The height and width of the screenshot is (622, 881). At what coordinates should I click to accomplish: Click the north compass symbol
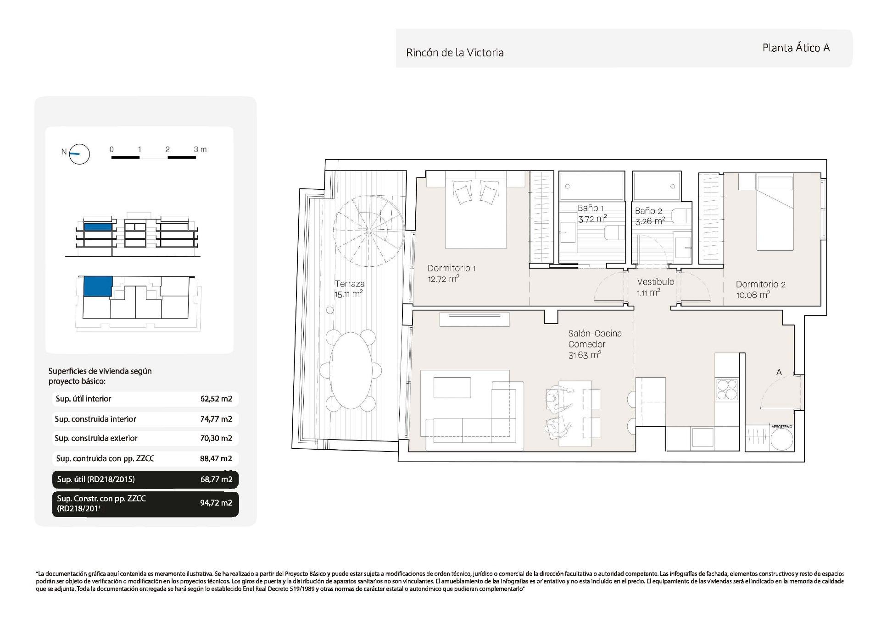click(x=79, y=154)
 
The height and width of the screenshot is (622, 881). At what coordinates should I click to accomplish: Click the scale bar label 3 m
click(x=200, y=149)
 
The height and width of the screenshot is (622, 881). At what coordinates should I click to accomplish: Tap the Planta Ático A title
click(x=796, y=48)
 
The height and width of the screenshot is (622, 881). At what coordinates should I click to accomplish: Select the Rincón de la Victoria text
click(x=454, y=53)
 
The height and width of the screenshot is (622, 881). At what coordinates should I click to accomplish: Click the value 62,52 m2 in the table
click(x=216, y=399)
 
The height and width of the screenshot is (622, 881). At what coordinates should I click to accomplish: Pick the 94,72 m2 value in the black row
click(x=216, y=503)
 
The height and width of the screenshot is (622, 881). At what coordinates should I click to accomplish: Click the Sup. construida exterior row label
click(x=96, y=438)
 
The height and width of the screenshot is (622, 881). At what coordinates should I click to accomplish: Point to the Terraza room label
click(x=349, y=284)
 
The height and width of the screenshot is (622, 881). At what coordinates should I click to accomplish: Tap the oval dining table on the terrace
click(x=351, y=370)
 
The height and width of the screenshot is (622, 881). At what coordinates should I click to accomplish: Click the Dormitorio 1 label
click(x=451, y=268)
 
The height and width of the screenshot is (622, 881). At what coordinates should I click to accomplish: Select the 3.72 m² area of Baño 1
click(x=592, y=219)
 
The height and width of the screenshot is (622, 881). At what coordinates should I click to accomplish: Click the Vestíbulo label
click(x=655, y=282)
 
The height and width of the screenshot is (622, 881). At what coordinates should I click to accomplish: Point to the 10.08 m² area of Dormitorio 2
click(x=753, y=295)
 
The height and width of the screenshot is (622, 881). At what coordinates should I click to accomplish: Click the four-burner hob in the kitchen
click(x=727, y=389)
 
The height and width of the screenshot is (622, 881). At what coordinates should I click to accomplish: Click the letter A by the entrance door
click(x=779, y=372)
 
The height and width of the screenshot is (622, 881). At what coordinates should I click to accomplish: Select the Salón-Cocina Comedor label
click(x=595, y=339)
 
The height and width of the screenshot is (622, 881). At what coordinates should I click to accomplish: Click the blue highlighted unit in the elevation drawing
click(x=98, y=226)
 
